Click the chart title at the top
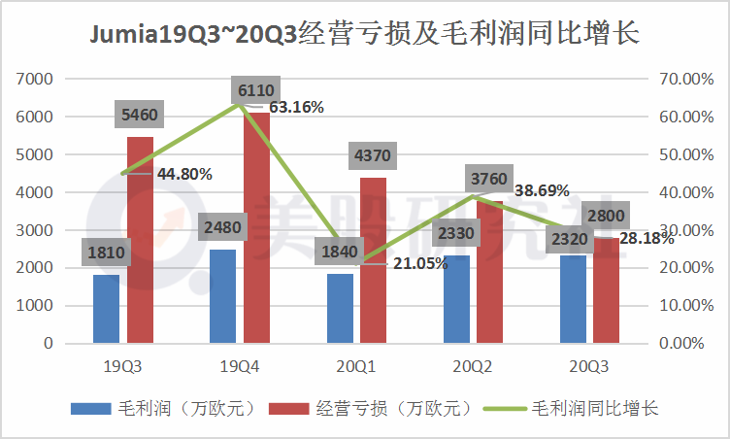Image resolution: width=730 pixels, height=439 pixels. (x=364, y=35)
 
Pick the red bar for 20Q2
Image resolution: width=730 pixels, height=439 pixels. (x=490, y=277)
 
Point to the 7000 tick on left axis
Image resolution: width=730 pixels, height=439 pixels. (x=38, y=79)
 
